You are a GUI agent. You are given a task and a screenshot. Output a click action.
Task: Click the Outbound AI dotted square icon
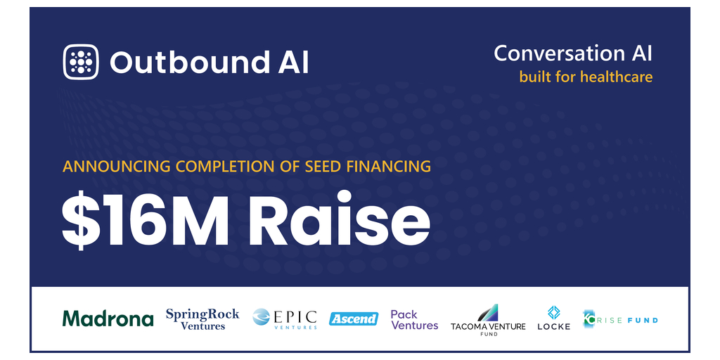coord(82,62)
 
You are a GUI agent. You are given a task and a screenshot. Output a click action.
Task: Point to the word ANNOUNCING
coord(111,167)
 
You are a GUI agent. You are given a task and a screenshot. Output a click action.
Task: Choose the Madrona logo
coord(108,319)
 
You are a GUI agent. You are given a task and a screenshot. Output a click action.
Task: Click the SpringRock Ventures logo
coord(202,319)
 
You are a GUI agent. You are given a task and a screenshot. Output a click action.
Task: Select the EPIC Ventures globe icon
coord(262,318)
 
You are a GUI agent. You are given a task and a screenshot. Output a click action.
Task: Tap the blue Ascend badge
coord(354,319)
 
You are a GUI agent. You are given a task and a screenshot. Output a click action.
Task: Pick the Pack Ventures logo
coord(414,320)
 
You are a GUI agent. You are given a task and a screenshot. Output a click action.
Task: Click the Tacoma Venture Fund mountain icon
coord(487,312)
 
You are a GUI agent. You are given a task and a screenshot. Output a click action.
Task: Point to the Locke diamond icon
coord(553,312)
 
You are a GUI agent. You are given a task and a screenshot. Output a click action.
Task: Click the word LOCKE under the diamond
coord(553,327)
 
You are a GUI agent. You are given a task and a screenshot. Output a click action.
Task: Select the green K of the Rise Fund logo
coord(589,319)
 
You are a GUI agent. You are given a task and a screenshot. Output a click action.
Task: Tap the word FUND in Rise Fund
coord(643,320)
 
